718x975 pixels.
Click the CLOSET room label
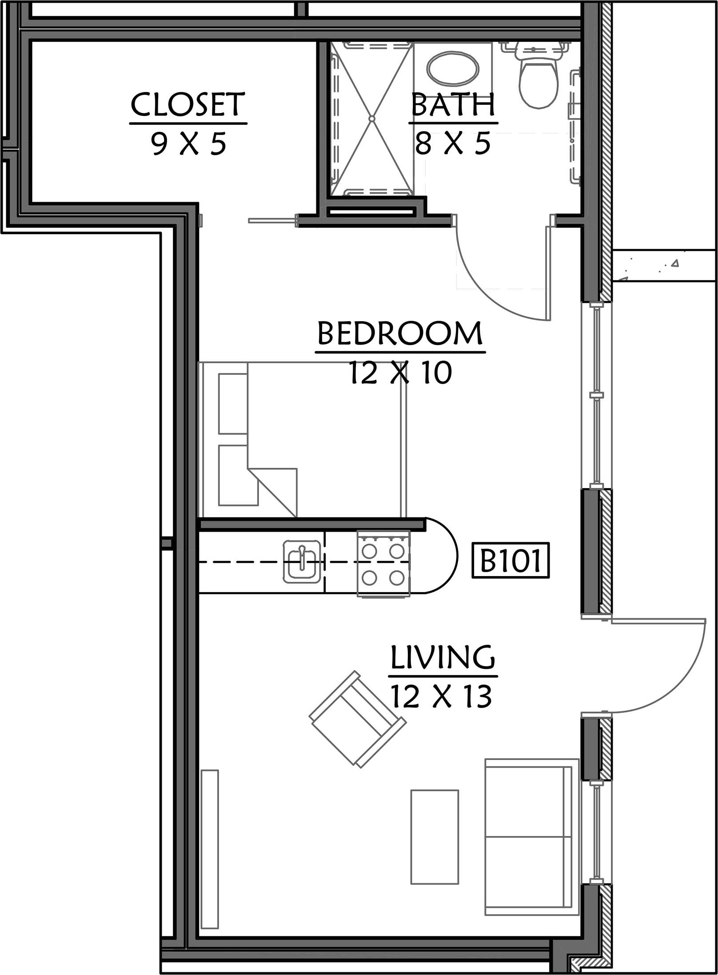tap(188, 104)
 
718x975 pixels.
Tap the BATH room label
tap(453, 104)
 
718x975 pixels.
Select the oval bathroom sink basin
tap(453, 68)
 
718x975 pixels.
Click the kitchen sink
tap(302, 561)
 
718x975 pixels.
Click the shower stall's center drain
tap(372, 119)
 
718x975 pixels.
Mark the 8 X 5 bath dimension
tap(453, 143)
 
